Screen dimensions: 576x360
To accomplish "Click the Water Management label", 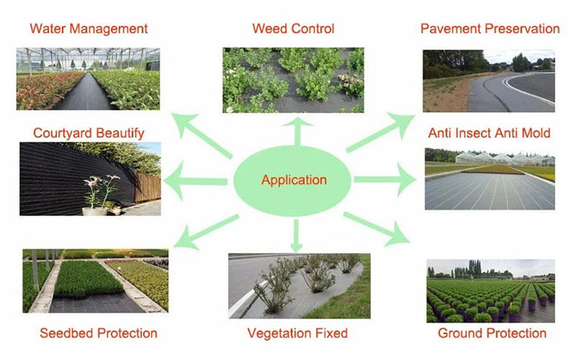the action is [88, 29].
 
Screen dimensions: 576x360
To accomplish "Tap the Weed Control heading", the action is [293, 29].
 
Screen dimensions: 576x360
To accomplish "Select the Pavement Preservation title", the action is [490, 29].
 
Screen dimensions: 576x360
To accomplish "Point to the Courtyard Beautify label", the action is [88, 134].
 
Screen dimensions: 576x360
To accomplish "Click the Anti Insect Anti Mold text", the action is [489, 134].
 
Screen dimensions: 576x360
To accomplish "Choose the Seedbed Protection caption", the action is [98, 333].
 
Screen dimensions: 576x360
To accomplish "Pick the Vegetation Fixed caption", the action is [297, 333].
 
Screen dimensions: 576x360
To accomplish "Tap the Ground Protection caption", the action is [492, 333].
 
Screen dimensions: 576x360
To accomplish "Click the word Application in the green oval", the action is [294, 180].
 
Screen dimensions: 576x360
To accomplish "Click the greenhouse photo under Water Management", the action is [88, 79].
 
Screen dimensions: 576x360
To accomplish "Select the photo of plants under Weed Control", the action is [293, 81].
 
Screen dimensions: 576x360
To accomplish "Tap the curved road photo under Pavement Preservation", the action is [488, 81].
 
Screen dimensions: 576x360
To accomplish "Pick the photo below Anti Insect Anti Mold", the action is [489, 179].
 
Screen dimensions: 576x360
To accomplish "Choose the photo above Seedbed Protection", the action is [95, 280].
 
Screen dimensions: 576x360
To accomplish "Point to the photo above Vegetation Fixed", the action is [299, 285].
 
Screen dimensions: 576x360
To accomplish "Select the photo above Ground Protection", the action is [490, 291].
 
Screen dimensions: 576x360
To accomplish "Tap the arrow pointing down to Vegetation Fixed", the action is [296, 233].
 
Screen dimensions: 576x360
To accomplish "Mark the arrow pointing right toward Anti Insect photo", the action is [384, 180].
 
